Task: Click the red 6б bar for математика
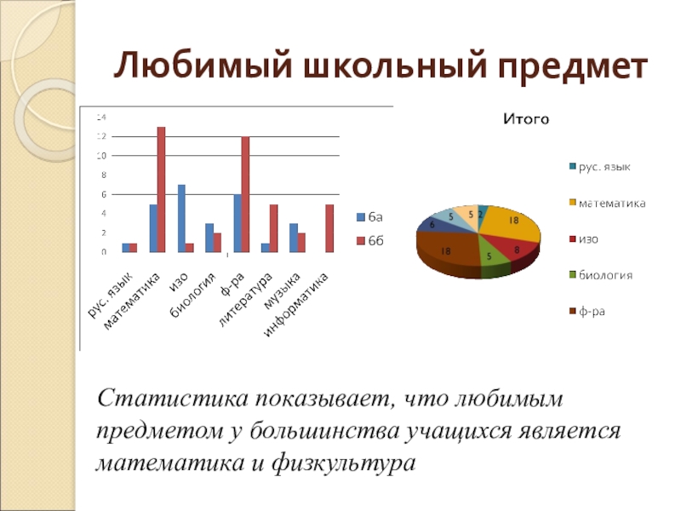(x=161, y=189)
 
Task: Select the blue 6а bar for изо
(x=181, y=218)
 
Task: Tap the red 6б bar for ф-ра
(x=245, y=194)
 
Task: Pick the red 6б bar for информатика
(x=329, y=228)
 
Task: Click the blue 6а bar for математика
(x=153, y=228)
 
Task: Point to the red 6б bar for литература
(x=273, y=228)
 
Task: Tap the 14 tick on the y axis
(x=101, y=117)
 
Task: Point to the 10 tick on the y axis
(x=101, y=156)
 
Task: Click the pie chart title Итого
(x=525, y=120)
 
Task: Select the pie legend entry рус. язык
(x=604, y=166)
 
